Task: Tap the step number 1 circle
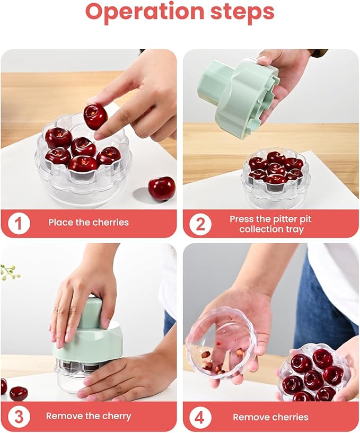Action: click(19, 223)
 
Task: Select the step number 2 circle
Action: click(200, 224)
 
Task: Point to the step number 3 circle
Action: click(19, 416)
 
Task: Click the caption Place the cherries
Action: click(89, 223)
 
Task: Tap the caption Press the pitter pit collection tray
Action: click(271, 224)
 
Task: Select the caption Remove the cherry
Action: click(89, 416)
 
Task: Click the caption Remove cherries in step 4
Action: click(271, 417)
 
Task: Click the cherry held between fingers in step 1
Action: click(95, 116)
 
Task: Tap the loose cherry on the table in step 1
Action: click(161, 189)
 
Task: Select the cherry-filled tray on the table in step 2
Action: click(276, 175)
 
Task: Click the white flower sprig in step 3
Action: click(10, 272)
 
